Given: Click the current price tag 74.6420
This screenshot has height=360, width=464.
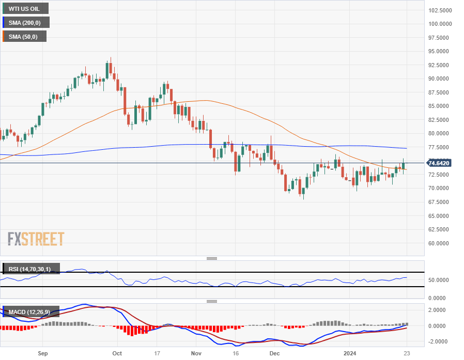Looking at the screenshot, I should [x=439, y=163].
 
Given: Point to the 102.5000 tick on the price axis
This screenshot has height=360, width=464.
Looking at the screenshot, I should [x=441, y=10].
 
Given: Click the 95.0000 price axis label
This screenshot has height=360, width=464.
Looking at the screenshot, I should [x=441, y=52].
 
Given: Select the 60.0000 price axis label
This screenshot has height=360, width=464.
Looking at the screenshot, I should [x=441, y=243].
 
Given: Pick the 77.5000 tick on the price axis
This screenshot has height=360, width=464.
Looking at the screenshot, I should [x=441, y=147].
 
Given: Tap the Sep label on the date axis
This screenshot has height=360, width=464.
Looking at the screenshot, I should [x=43, y=353].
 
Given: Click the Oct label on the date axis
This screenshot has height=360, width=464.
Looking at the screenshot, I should [x=117, y=353].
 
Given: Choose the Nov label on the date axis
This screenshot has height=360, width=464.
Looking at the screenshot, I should [x=196, y=353].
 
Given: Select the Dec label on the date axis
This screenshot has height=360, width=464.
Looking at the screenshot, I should [x=274, y=353].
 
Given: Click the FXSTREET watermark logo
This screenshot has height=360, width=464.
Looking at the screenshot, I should [x=36, y=239].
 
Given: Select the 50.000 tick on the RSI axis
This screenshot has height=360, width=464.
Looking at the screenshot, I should [x=438, y=280].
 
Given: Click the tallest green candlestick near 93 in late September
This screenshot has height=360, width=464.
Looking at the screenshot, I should [x=107, y=70].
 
